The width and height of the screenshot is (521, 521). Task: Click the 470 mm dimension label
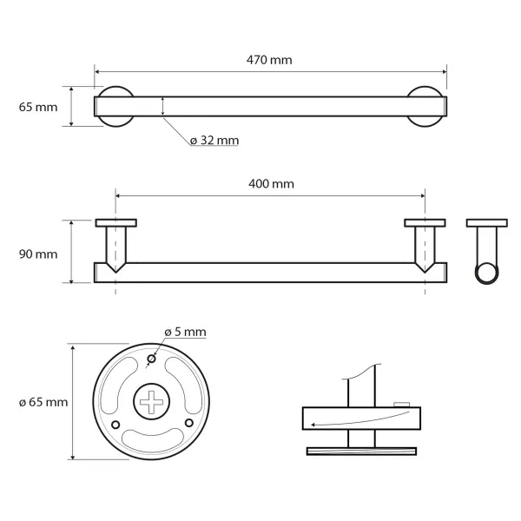click(269, 60)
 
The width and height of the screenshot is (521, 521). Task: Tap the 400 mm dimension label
click(271, 184)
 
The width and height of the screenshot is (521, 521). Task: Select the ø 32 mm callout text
click(214, 141)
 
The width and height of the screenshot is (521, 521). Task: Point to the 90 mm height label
click(38, 254)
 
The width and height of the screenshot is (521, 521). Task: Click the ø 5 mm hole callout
click(185, 332)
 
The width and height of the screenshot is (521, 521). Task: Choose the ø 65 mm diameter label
click(43, 402)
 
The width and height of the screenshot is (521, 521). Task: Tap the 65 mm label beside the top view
click(38, 108)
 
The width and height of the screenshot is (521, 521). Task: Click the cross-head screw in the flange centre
click(151, 402)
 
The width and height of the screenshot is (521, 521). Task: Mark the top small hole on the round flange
click(151, 359)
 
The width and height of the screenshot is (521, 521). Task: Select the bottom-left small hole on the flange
click(115, 425)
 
